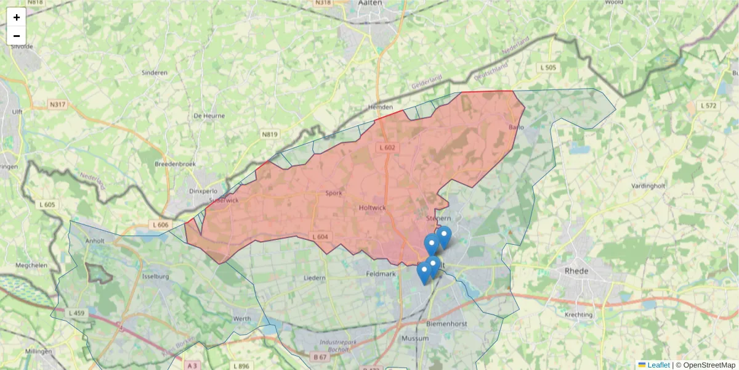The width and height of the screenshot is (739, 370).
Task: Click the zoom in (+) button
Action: coord(17,17)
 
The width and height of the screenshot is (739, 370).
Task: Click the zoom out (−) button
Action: coord(17,36)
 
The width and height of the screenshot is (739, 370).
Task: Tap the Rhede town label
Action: coord(576,271)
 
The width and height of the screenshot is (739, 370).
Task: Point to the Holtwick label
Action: coord(371,208)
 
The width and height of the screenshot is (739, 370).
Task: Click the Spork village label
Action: coord(333,193)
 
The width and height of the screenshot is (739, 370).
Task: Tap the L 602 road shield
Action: coord(387,147)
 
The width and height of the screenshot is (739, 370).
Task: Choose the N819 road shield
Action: coord(269,134)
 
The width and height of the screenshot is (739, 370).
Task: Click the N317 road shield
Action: coord(57,105)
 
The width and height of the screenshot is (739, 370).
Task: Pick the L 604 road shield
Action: coord(320,236)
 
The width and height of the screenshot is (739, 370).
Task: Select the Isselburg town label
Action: coord(156,277)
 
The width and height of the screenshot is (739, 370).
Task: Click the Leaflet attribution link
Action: coord(658,365)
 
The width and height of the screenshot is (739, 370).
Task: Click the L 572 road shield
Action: coord(709,105)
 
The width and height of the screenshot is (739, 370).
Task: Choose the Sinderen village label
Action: coord(155,73)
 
